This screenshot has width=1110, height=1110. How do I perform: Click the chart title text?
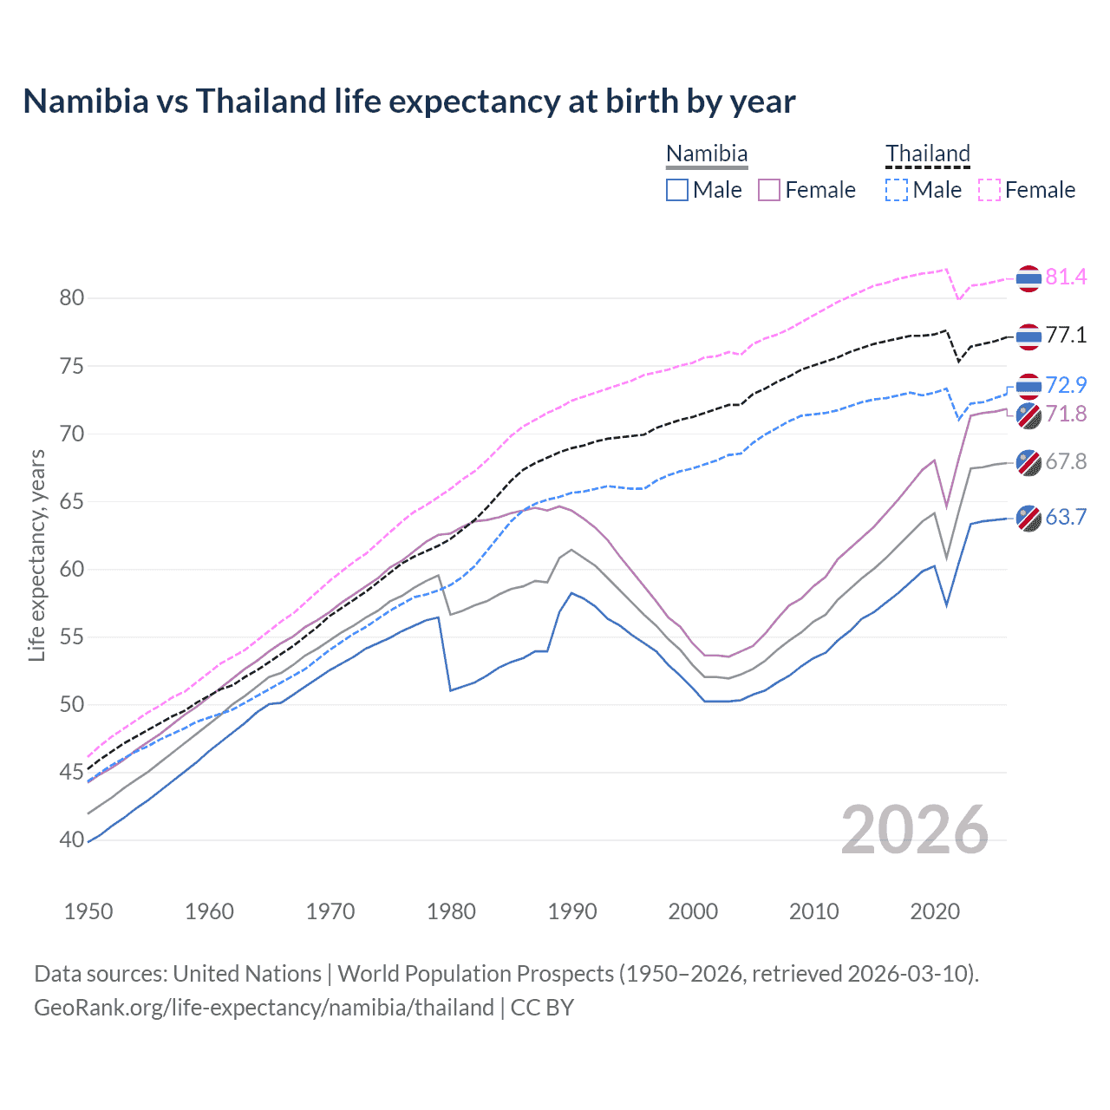click(408, 101)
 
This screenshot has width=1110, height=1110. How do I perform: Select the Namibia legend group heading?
click(707, 153)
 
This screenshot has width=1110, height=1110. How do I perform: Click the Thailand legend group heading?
click(927, 153)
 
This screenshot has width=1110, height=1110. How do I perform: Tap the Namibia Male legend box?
click(677, 190)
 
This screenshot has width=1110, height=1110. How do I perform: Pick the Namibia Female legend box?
click(770, 190)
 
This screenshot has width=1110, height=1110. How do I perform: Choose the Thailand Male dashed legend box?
click(897, 190)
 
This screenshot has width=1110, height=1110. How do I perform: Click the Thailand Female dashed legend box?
click(989, 190)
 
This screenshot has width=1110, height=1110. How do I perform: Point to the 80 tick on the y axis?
click(72, 298)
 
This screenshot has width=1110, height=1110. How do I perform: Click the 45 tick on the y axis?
click(72, 773)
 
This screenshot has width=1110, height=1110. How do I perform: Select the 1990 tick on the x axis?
click(572, 911)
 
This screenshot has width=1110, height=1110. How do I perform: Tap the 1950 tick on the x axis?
click(88, 911)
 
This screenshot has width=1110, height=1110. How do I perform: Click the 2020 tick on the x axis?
click(935, 911)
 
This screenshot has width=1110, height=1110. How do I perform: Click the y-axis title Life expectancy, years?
click(36, 555)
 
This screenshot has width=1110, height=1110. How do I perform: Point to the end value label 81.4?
click(1066, 277)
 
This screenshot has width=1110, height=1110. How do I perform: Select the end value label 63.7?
click(1066, 518)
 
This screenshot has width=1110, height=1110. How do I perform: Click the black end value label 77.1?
click(1066, 336)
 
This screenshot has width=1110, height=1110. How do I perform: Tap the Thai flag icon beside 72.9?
click(1028, 386)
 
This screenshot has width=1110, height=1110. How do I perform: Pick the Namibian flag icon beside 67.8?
click(1028, 462)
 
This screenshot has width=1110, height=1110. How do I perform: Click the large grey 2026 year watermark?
click(914, 830)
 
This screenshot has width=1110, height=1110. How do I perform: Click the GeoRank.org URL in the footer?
click(264, 1008)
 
